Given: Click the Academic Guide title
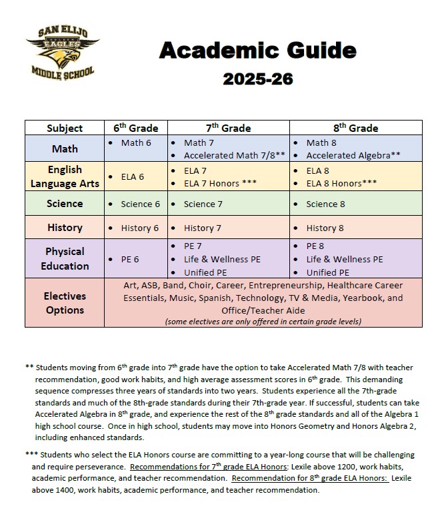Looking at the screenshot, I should coord(257,50).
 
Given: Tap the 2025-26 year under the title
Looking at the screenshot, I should coord(257,79).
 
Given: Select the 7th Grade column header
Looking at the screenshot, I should coord(228,128).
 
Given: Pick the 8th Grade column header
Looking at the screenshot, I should coord(355,128).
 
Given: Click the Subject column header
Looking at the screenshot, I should coord(65,128).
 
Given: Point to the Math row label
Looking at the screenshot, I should coord(65,148).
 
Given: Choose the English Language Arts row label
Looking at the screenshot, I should coord(65,176).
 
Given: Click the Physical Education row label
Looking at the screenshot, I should coord(65,258).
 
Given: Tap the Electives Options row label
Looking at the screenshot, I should coord(65,303).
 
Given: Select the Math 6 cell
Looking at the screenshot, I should coord(136,142).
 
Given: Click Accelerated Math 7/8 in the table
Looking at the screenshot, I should coord(234,155).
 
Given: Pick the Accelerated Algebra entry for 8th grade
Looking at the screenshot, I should coord(353,155).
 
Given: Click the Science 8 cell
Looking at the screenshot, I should coord(325,204).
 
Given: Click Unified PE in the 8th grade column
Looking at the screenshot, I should coord(327,272).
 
